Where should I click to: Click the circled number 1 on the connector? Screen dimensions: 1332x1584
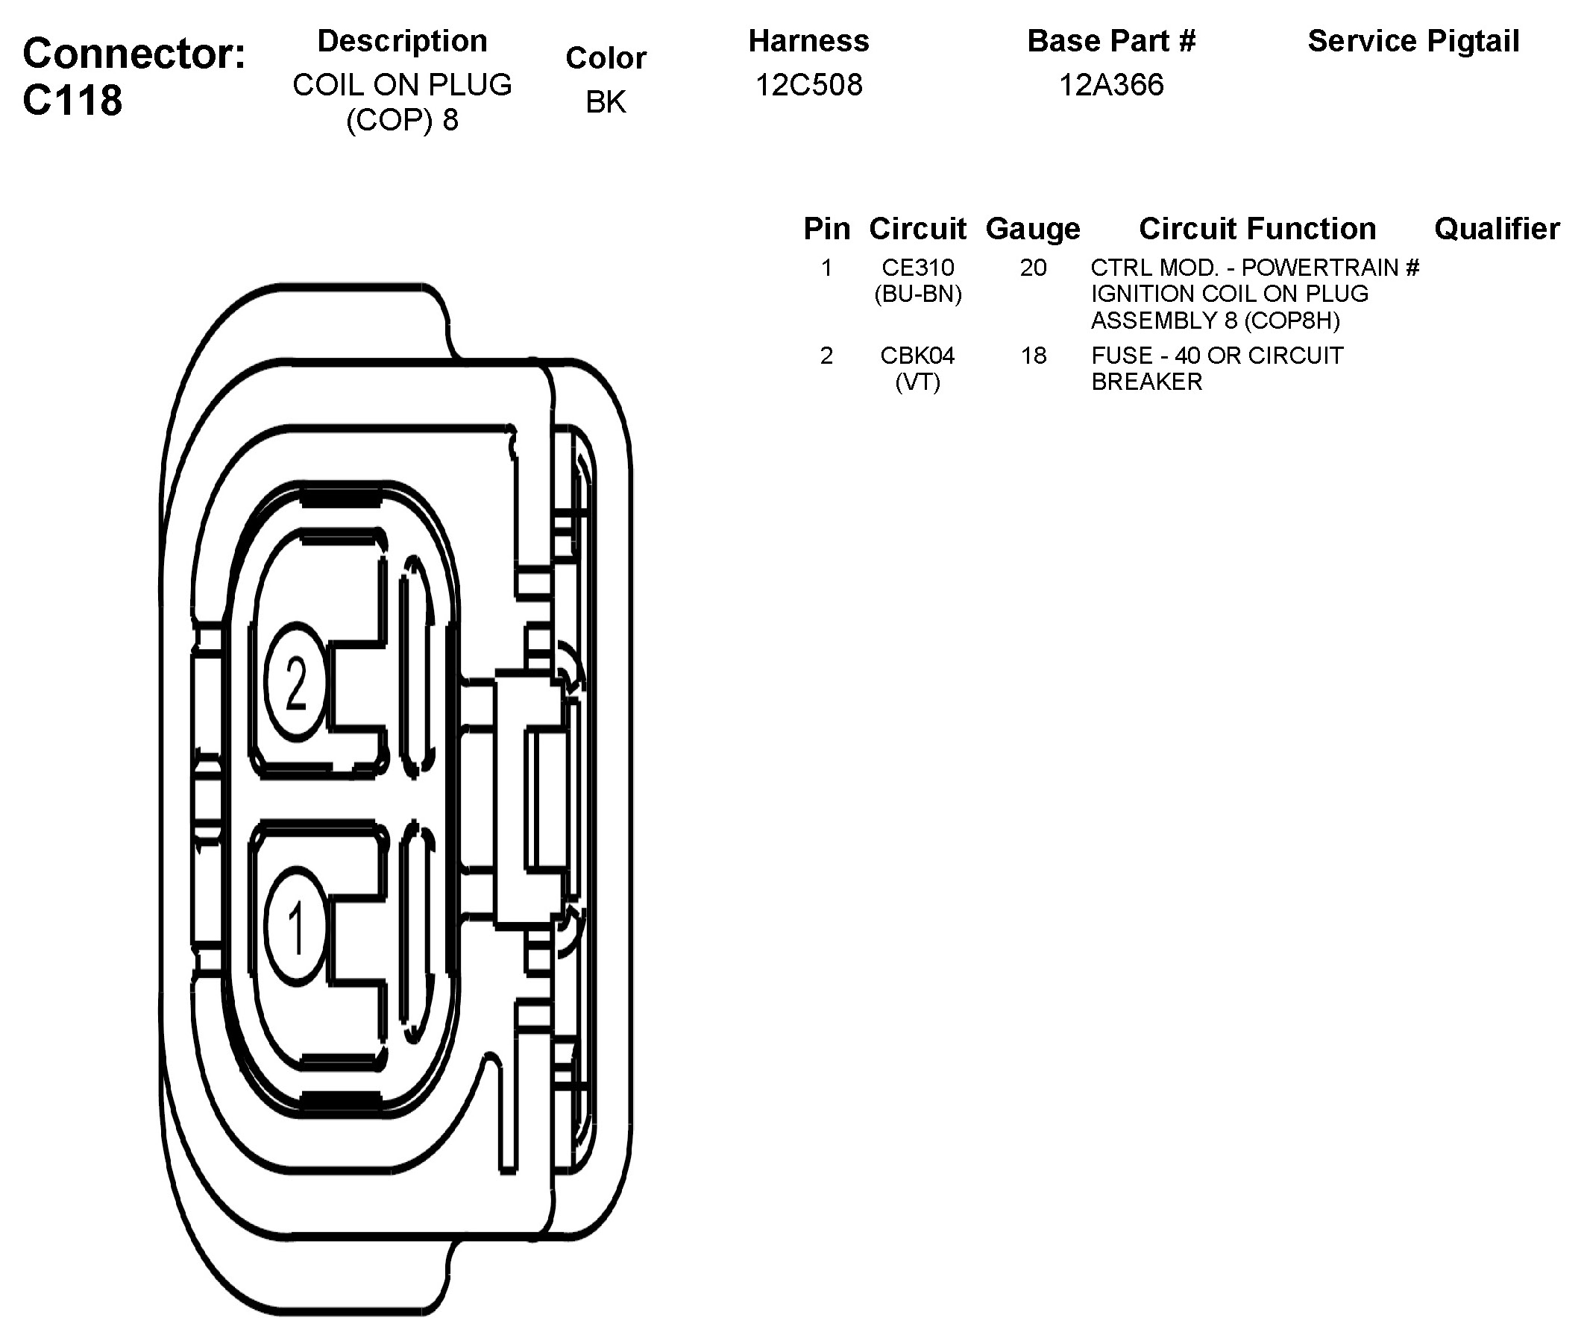tap(295, 928)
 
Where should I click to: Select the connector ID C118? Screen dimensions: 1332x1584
tap(72, 100)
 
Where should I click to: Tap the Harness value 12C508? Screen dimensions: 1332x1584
tap(808, 84)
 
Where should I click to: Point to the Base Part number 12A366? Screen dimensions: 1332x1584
tap(1110, 84)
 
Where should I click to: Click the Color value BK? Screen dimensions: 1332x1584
tap(606, 102)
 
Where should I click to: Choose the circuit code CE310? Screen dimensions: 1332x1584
tap(918, 268)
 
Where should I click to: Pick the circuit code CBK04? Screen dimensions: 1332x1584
tap(918, 355)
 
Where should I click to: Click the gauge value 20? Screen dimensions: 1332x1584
tap(1034, 268)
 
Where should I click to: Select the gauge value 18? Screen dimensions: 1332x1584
tap(1034, 355)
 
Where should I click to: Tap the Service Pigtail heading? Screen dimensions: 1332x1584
tap(1413, 41)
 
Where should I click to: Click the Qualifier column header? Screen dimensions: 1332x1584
tap(1497, 228)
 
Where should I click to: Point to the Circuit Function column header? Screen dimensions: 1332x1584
tap(1257, 228)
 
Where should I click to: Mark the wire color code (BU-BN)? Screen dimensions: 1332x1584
tap(918, 294)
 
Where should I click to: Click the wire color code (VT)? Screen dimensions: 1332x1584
tap(918, 382)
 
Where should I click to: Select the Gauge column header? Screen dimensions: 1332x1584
tap(1033, 228)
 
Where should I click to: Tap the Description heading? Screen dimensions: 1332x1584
tap(402, 41)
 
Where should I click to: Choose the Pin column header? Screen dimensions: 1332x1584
tap(826, 228)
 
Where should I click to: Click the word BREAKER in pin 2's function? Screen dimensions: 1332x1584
tap(1147, 382)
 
